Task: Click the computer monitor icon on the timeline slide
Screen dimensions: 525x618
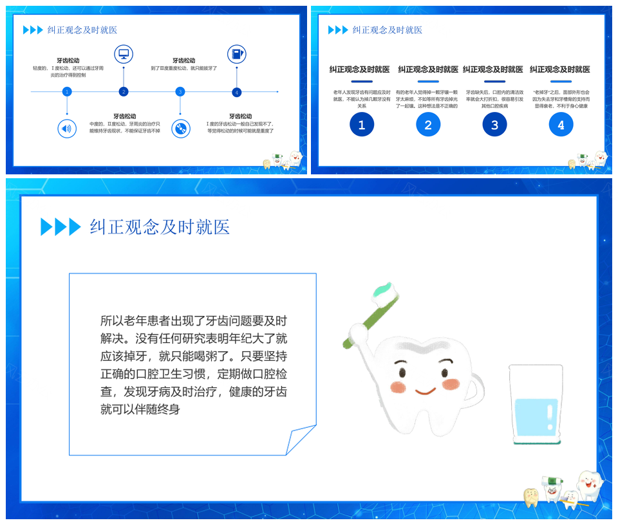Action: (x=124, y=54)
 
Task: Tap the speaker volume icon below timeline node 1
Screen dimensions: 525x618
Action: (x=66, y=128)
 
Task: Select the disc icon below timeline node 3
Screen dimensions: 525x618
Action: (x=181, y=129)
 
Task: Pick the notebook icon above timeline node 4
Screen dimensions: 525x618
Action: (x=237, y=54)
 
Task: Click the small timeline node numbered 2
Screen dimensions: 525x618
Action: (x=124, y=92)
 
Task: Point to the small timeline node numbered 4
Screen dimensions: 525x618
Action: (x=237, y=92)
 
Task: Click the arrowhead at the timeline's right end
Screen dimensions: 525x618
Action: (x=277, y=92)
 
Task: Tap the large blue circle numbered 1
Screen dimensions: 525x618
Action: (x=362, y=125)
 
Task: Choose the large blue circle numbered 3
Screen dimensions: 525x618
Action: (x=494, y=125)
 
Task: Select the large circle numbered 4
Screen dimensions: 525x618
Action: (x=561, y=125)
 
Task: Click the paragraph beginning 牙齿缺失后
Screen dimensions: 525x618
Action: (x=494, y=99)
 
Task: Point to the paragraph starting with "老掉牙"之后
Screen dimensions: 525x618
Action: (x=561, y=99)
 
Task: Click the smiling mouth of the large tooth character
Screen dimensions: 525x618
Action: (x=425, y=391)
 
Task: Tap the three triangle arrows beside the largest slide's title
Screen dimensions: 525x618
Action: (x=61, y=226)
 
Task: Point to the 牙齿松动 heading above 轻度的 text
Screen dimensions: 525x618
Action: (x=68, y=60)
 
